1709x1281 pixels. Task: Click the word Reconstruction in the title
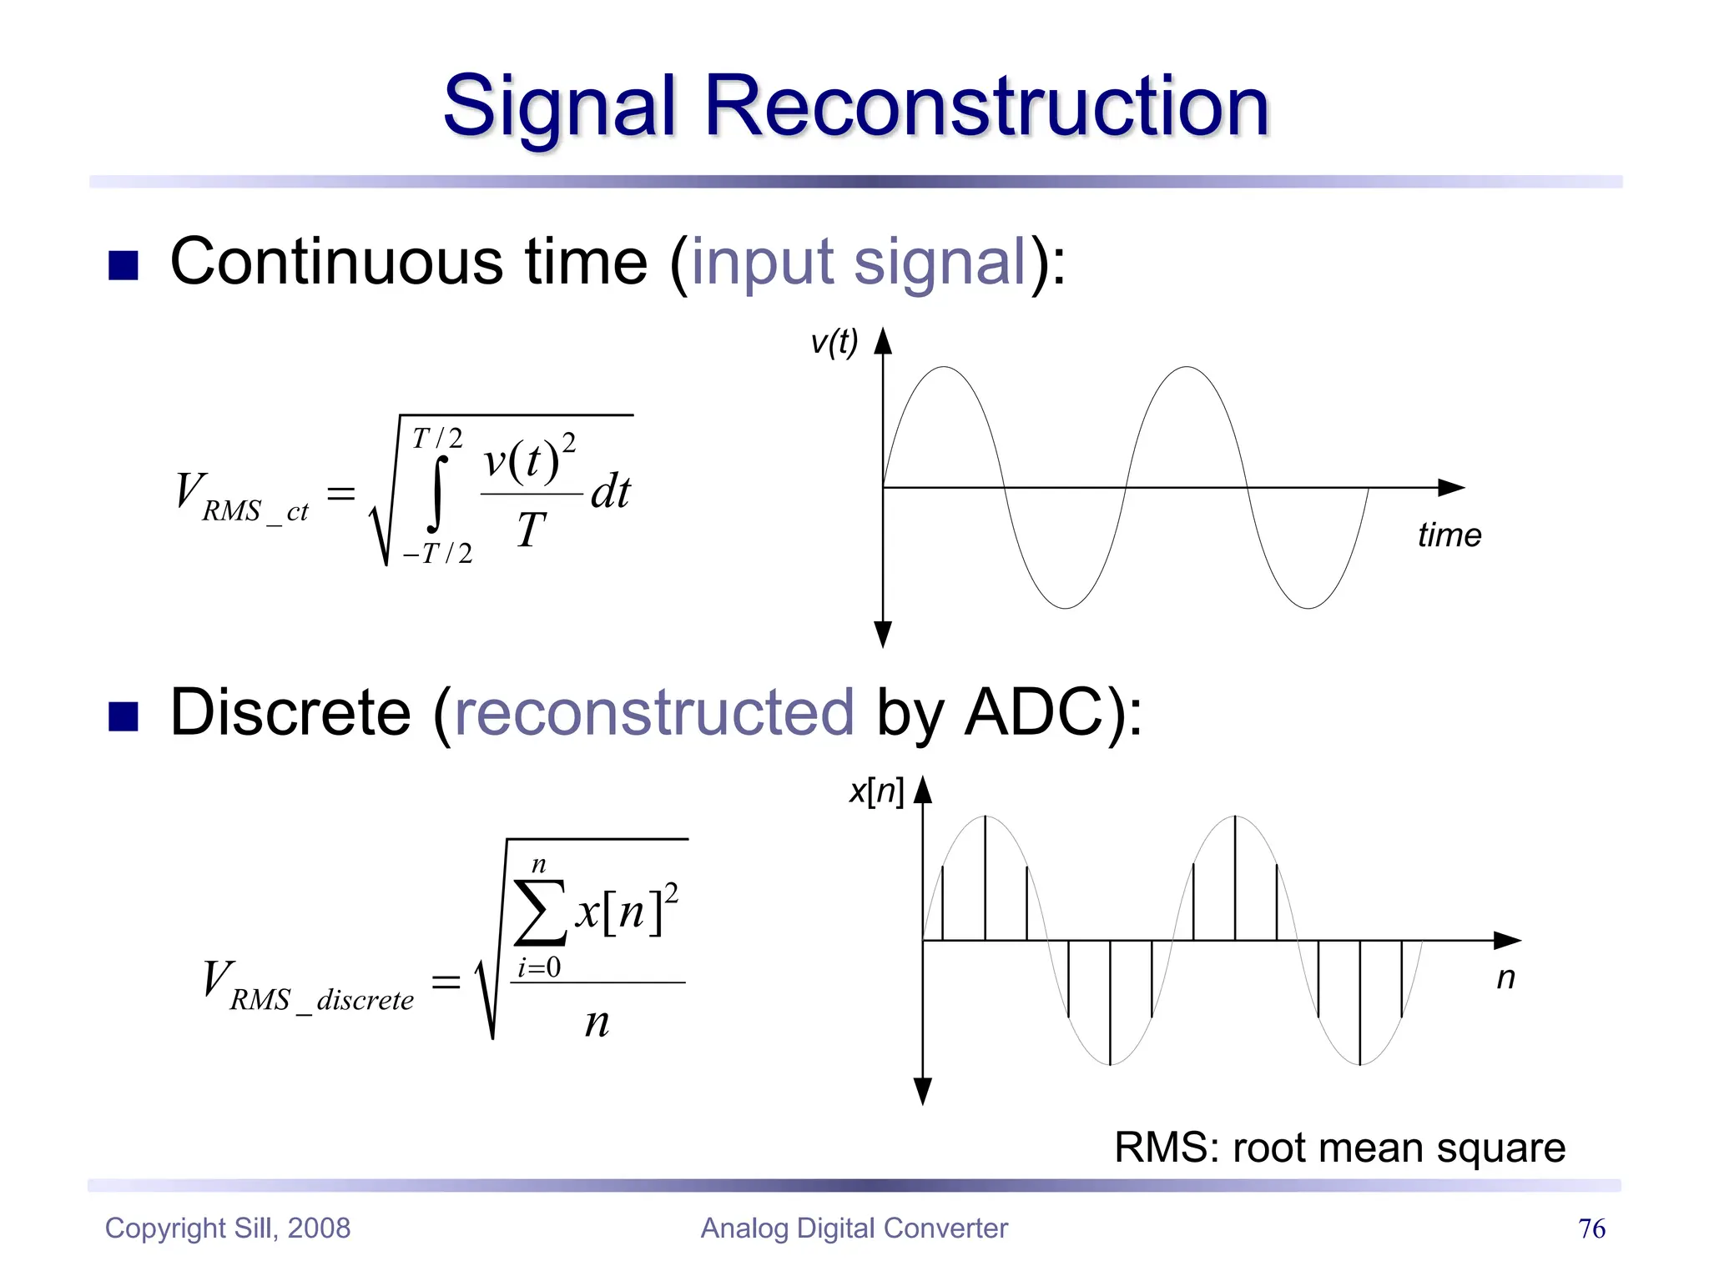pyautogui.click(x=986, y=106)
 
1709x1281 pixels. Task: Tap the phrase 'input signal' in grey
pyautogui.click(x=858, y=262)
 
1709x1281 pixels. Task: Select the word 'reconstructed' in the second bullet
pyautogui.click(x=654, y=714)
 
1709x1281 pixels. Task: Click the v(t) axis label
pyautogui.click(x=834, y=342)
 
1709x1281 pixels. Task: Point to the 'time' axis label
pyautogui.click(x=1449, y=535)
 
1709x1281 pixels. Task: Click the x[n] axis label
pyautogui.click(x=875, y=791)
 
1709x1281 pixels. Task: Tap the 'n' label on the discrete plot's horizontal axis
pyautogui.click(x=1505, y=977)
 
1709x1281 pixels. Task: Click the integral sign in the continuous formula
pyautogui.click(x=436, y=494)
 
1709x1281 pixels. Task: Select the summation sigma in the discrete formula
pyautogui.click(x=540, y=912)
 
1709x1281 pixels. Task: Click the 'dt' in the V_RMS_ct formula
pyautogui.click(x=611, y=491)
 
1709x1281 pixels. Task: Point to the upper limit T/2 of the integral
pyautogui.click(x=437, y=438)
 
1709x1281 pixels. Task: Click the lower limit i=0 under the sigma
pyautogui.click(x=539, y=968)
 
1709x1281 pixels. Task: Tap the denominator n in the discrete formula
pyautogui.click(x=597, y=1022)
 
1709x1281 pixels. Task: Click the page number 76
pyautogui.click(x=1591, y=1228)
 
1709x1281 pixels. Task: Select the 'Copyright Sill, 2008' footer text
pyautogui.click(x=228, y=1228)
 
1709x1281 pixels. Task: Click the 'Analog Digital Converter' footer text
pyautogui.click(x=854, y=1228)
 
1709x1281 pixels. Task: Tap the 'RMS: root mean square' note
pyautogui.click(x=1339, y=1148)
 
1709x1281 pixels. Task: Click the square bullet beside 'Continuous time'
pyautogui.click(x=124, y=266)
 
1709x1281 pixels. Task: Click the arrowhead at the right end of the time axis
pyautogui.click(x=1452, y=488)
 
